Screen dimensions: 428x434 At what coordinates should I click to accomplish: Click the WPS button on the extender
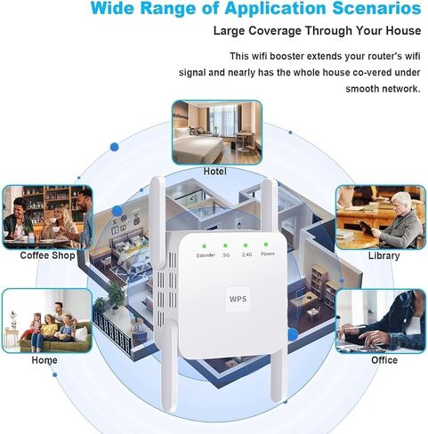pyautogui.click(x=238, y=299)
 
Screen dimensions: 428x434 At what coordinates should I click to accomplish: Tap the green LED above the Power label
pyautogui.click(x=266, y=245)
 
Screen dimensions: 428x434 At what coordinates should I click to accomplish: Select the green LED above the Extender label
pyautogui.click(x=204, y=246)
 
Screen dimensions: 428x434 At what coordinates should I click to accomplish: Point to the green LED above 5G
pyautogui.click(x=225, y=245)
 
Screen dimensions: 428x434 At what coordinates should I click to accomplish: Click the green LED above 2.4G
pyautogui.click(x=246, y=245)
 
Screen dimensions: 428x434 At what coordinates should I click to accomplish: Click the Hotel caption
pyautogui.click(x=215, y=172)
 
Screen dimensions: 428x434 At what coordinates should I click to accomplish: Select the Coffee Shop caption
pyautogui.click(x=47, y=255)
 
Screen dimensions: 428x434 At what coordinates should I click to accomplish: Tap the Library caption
pyautogui.click(x=384, y=256)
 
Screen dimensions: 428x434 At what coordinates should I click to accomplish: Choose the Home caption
pyautogui.click(x=44, y=360)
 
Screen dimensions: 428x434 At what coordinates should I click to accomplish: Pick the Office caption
pyautogui.click(x=384, y=360)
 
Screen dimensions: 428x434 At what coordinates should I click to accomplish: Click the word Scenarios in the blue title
pyautogui.click(x=376, y=8)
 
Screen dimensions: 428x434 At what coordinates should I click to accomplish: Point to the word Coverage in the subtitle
pyautogui.click(x=275, y=31)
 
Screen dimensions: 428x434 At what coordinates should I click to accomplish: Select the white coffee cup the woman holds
pyautogui.click(x=53, y=221)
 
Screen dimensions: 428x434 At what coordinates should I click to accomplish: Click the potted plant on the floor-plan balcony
pyautogui.click(x=115, y=295)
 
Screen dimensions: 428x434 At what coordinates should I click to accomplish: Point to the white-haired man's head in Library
pyautogui.click(x=400, y=203)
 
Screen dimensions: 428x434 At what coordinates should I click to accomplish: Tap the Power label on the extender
pyautogui.click(x=268, y=253)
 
